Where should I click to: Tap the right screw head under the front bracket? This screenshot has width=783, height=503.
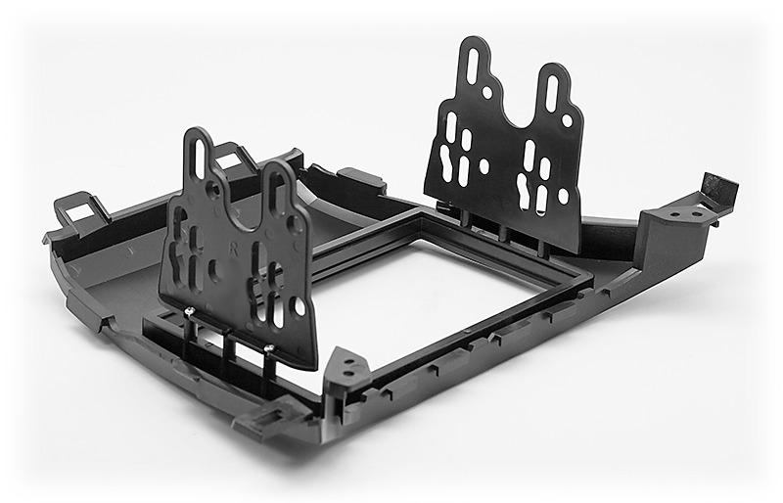tap(266, 346)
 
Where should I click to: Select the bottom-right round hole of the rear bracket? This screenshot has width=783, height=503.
tap(563, 196)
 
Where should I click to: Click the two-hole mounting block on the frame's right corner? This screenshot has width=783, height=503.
tap(690, 211)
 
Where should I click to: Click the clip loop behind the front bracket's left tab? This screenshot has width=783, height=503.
tap(231, 157)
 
